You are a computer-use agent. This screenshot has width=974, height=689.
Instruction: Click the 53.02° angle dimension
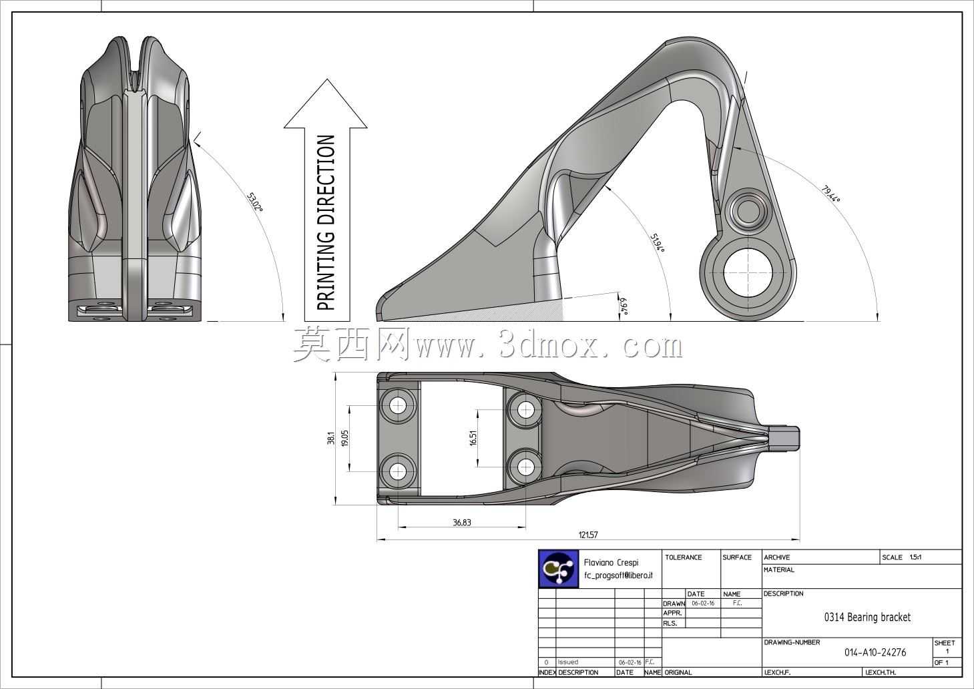point(255,202)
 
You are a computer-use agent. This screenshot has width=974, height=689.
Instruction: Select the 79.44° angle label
point(831,194)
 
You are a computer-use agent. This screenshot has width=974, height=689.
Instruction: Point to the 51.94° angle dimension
point(658,243)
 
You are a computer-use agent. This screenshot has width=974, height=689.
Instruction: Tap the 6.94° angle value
point(624,306)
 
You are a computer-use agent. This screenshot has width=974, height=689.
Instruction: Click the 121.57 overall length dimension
point(588,535)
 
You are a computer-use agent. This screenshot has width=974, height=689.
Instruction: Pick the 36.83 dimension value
point(462,522)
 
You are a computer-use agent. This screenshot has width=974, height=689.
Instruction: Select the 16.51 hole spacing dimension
point(473,437)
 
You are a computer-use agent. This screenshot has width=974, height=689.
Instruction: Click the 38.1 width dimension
point(331,438)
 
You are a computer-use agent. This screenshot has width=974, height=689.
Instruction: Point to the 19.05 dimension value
point(345,438)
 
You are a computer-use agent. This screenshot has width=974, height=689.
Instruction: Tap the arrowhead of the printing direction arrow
point(326,103)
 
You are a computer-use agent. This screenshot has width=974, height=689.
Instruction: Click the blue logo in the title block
point(559,569)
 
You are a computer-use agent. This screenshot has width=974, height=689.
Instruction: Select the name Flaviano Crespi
point(611,562)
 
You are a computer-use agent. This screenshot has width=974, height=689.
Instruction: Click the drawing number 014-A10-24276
point(875,652)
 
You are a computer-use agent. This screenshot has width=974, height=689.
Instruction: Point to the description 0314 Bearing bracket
point(867,617)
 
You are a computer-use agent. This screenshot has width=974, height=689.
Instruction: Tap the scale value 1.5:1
point(915,557)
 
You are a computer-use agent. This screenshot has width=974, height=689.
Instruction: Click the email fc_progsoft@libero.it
point(618,576)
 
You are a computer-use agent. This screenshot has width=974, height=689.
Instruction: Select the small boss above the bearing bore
point(748,210)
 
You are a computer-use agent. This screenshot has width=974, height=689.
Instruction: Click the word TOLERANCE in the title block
point(683,557)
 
